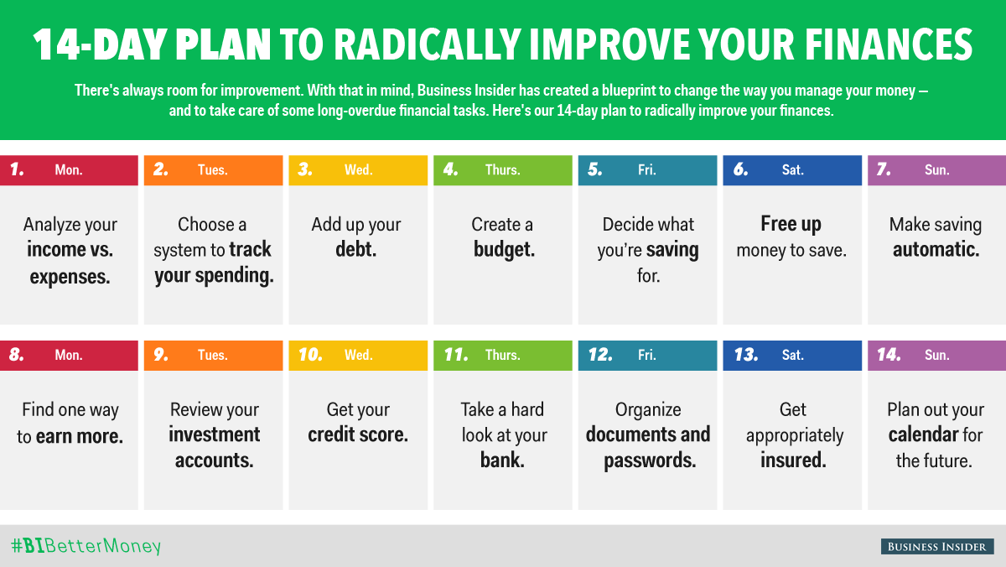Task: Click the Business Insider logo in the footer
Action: [937, 546]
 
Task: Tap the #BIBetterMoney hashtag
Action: [86, 546]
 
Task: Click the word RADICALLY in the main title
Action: [427, 45]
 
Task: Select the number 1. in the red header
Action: [17, 169]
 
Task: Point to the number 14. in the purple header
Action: [889, 355]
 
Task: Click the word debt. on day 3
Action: [355, 249]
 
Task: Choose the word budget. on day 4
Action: [504, 250]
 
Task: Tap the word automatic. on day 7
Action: [936, 249]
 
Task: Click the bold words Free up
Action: [791, 225]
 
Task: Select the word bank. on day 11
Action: [502, 460]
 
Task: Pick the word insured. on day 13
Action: [793, 460]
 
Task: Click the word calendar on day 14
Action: [923, 434]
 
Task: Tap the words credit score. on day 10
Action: [358, 434]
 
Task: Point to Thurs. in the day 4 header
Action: [502, 169]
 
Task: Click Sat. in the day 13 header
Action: [793, 355]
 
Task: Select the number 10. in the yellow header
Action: [310, 355]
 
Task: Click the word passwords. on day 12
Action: [650, 461]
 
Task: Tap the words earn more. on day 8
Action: [80, 436]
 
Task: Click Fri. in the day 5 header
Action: [646, 169]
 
